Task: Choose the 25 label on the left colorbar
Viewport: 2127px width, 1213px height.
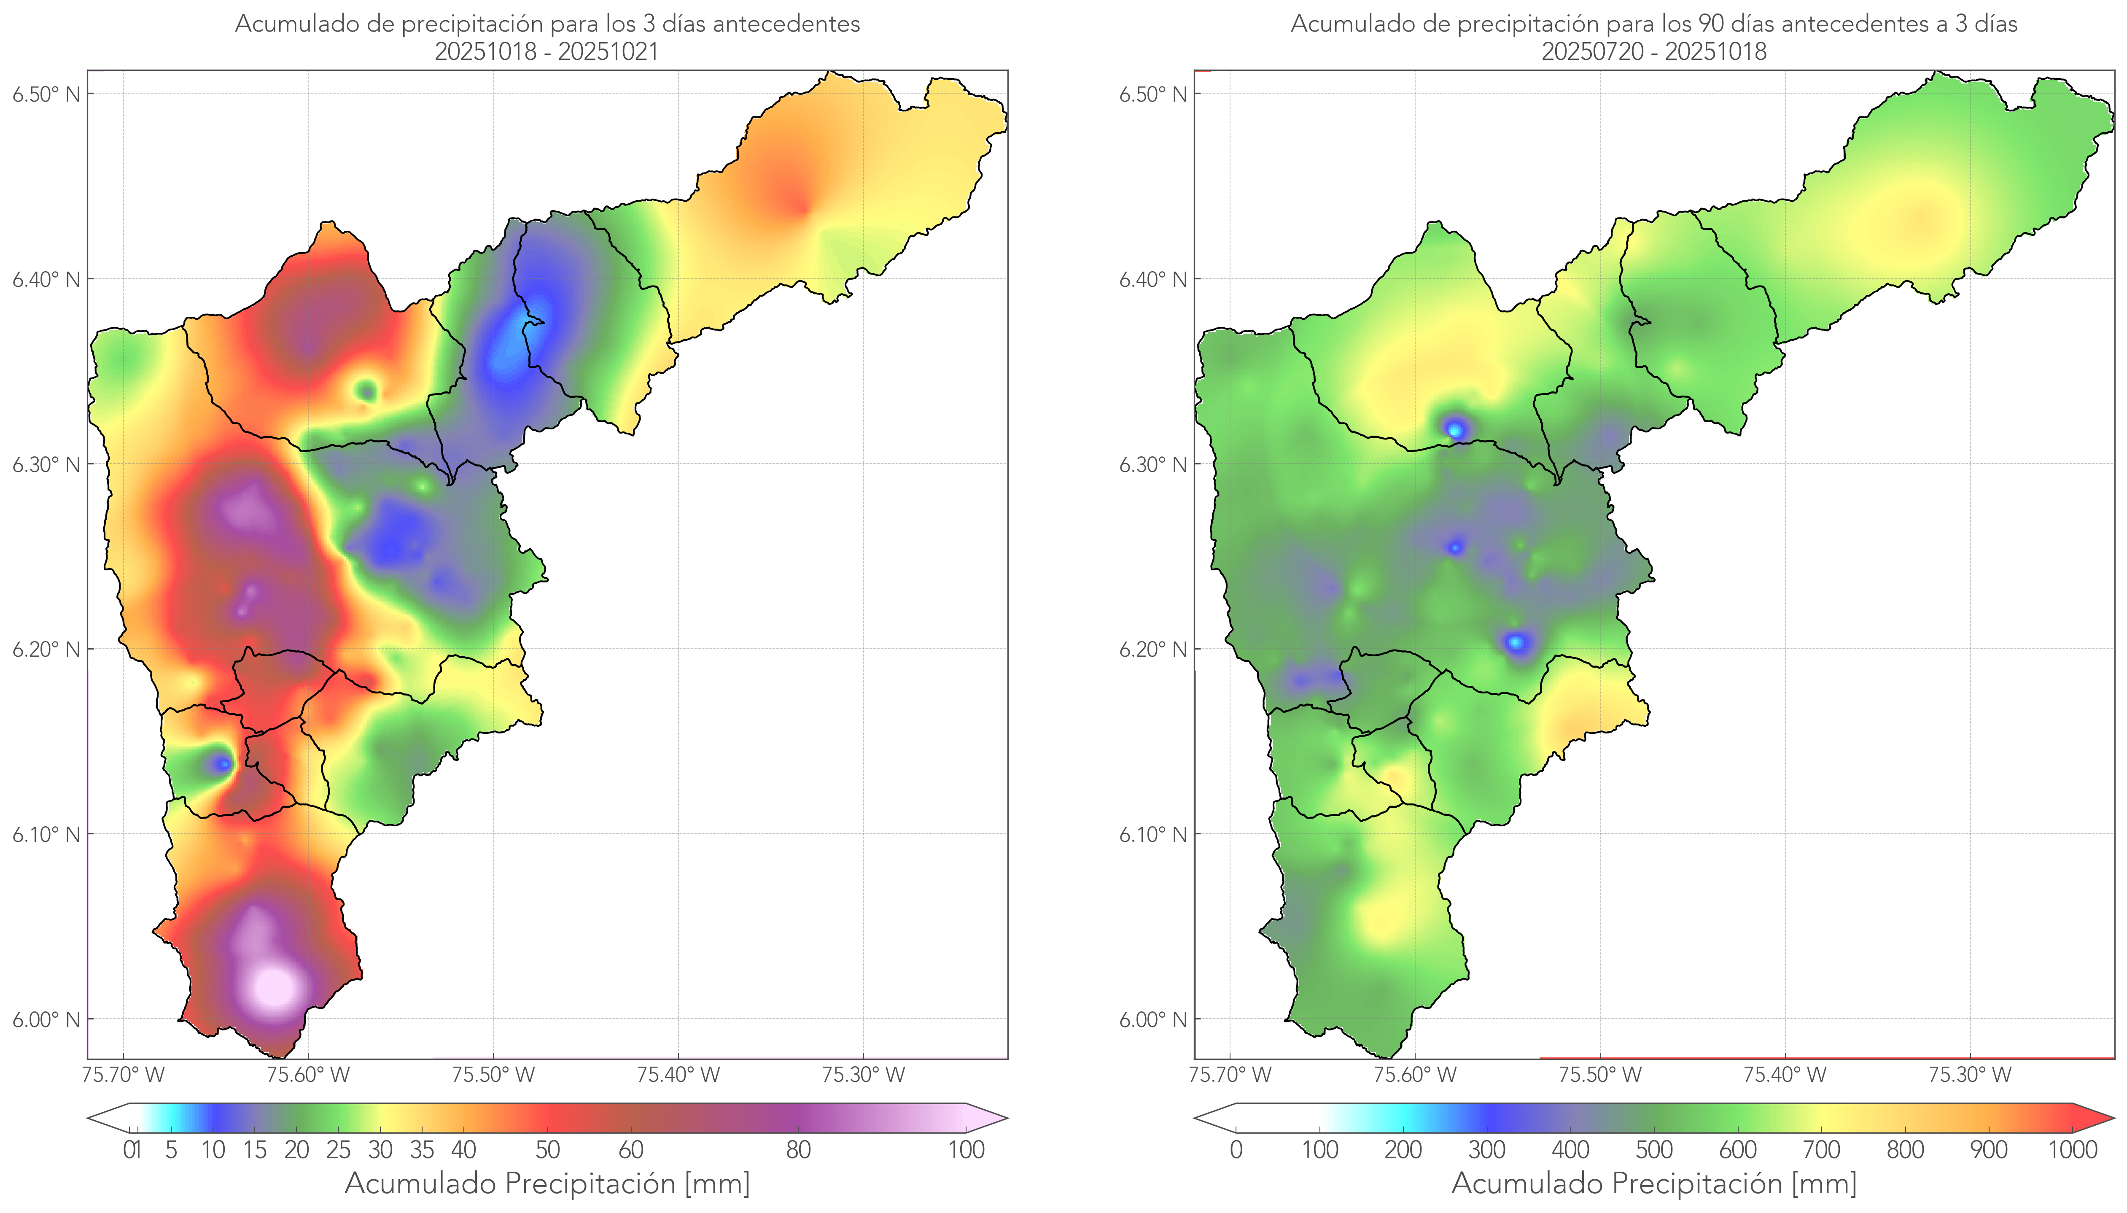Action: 338,1150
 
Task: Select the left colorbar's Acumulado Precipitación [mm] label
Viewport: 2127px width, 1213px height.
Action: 547,1183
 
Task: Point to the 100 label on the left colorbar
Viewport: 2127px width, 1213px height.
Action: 966,1150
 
